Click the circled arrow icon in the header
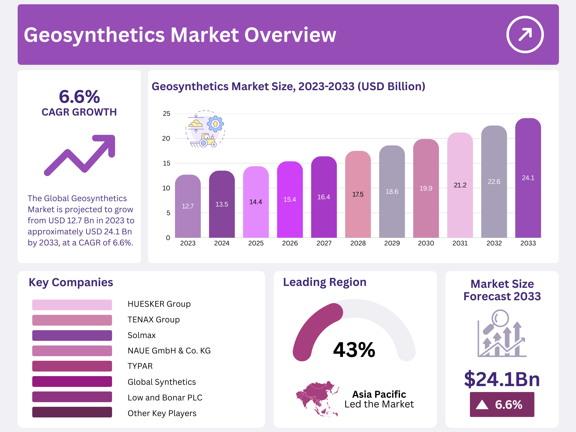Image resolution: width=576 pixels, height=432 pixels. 525,35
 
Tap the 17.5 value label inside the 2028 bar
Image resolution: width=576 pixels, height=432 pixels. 358,194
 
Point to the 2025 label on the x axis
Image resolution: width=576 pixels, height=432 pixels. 256,243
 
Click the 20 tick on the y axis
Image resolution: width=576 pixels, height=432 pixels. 166,139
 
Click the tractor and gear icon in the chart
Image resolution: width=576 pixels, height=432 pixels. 205,130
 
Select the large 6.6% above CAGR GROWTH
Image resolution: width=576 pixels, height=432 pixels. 79,97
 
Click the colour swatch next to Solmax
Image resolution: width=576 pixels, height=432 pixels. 72,335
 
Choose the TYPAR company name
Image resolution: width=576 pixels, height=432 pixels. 140,366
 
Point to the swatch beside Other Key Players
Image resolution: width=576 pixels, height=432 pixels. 72,412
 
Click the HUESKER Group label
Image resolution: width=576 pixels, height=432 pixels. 159,304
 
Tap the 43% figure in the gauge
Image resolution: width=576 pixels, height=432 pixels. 354,350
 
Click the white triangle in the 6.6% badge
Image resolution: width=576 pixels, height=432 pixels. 482,405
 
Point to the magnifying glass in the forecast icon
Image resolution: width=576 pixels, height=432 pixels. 500,319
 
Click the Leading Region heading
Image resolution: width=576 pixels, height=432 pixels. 324,282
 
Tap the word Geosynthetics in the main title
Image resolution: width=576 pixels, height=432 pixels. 94,35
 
